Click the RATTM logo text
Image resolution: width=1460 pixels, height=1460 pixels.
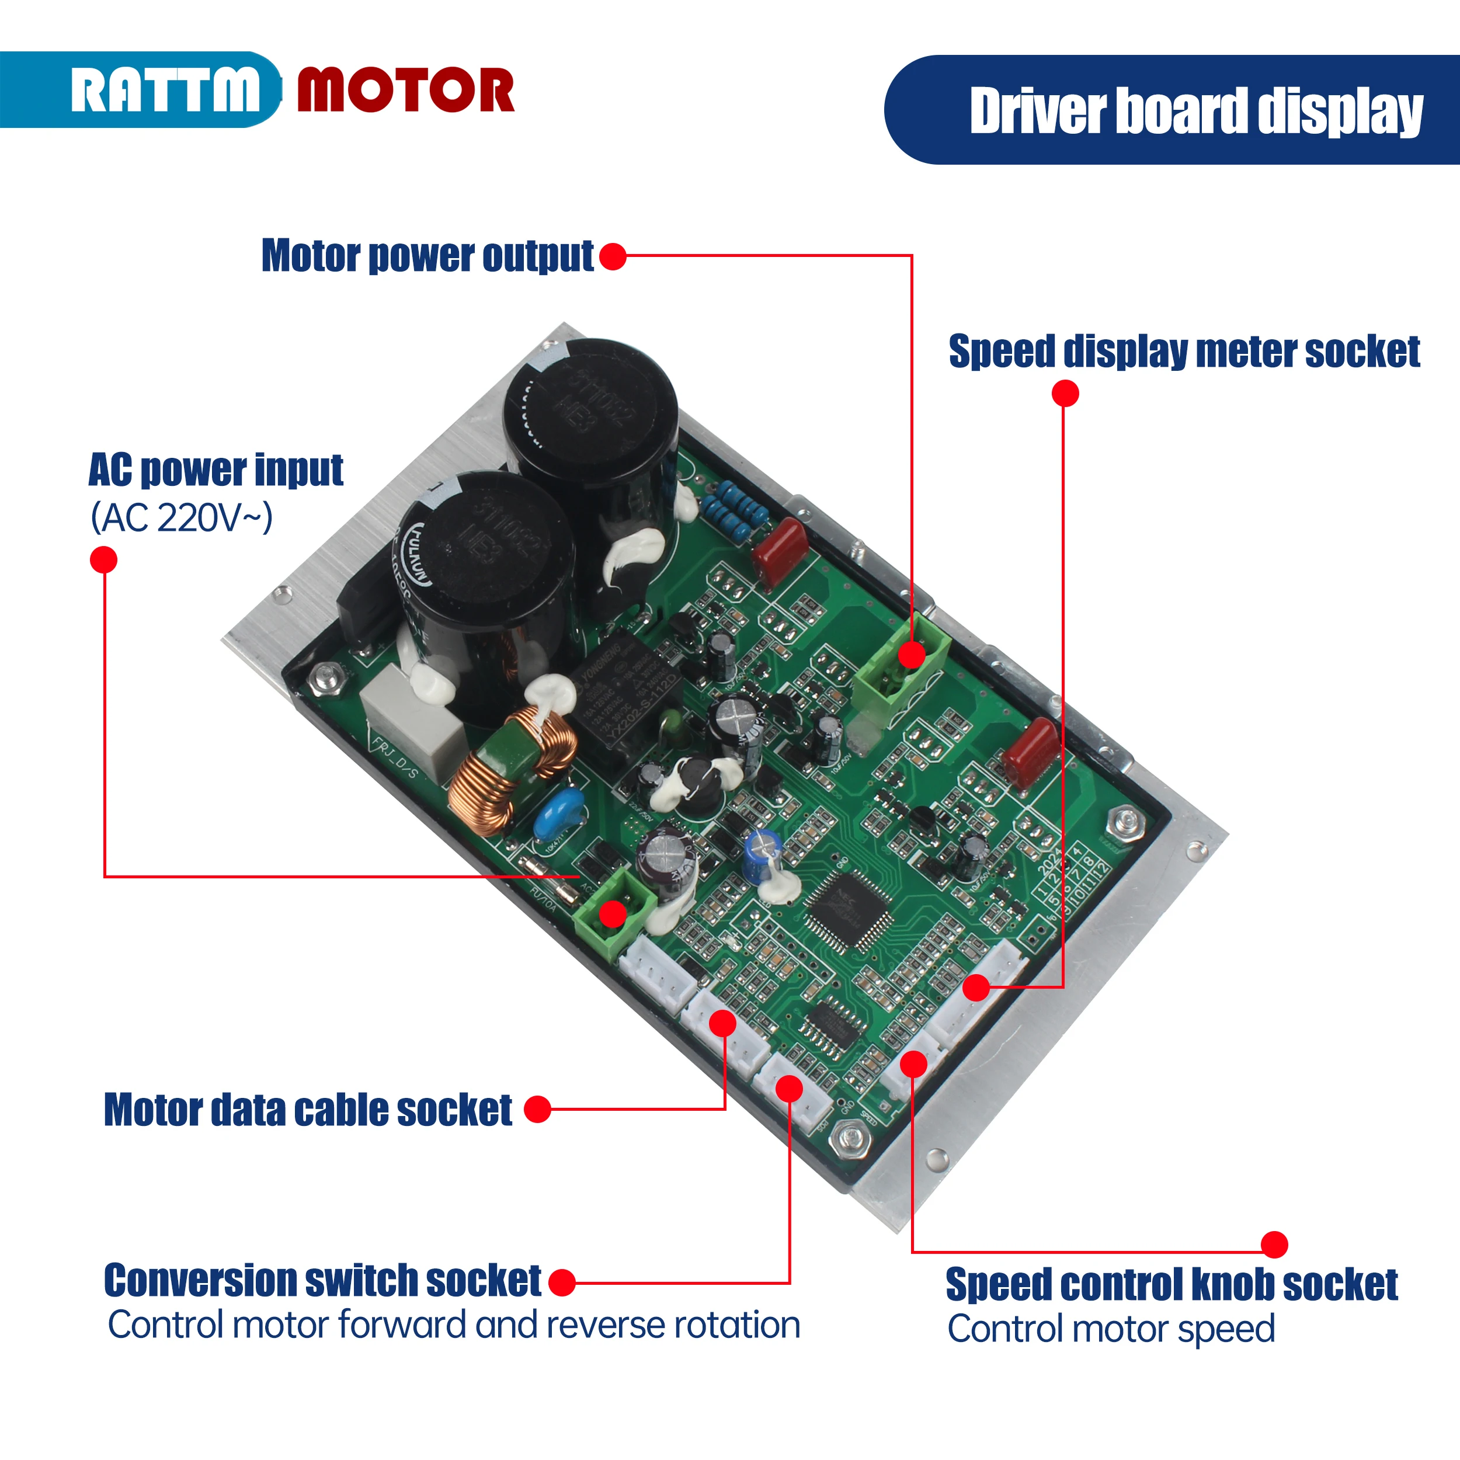(x=165, y=91)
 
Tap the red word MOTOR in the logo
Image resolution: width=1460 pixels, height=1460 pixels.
(x=406, y=91)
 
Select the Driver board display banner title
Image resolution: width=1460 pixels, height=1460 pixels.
(x=1195, y=111)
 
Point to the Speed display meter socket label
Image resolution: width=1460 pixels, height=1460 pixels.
(x=1184, y=352)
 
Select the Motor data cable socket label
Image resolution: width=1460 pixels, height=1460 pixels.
(x=308, y=1110)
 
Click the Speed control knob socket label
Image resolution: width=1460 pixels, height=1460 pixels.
(x=1172, y=1285)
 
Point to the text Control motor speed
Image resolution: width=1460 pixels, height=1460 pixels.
(x=1111, y=1329)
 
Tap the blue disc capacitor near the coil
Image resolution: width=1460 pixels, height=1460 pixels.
(x=558, y=812)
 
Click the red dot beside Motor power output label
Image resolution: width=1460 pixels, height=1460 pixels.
(x=613, y=256)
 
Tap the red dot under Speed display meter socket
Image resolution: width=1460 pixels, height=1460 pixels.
(x=1065, y=393)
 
